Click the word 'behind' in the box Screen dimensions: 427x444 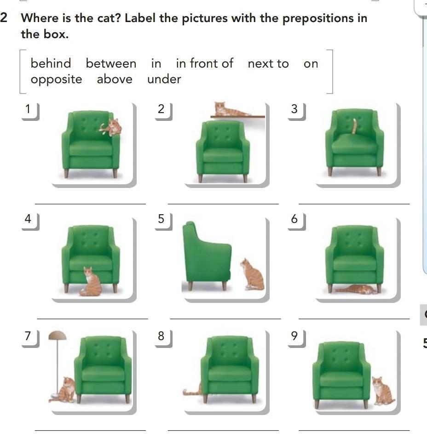click(x=51, y=63)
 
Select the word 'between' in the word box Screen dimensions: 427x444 click(x=111, y=63)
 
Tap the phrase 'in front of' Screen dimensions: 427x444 click(x=204, y=63)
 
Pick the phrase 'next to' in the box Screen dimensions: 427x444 click(x=268, y=64)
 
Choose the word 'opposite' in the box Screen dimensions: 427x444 click(x=57, y=80)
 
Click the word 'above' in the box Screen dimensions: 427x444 click(x=115, y=79)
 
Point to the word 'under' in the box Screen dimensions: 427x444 click(x=164, y=79)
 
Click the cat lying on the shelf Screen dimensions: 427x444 click(x=230, y=109)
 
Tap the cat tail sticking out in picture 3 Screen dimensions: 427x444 click(x=354, y=126)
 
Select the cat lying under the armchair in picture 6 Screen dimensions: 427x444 click(x=355, y=290)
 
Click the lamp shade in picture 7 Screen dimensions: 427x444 click(x=58, y=336)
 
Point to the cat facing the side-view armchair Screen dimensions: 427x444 click(x=252, y=274)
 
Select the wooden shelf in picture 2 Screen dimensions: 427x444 click(x=237, y=116)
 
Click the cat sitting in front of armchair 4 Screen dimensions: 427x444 click(x=90, y=281)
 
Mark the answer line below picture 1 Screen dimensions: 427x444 click(x=90, y=204)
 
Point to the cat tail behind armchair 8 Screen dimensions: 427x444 click(x=192, y=391)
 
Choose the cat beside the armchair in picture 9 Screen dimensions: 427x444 click(x=383, y=391)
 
